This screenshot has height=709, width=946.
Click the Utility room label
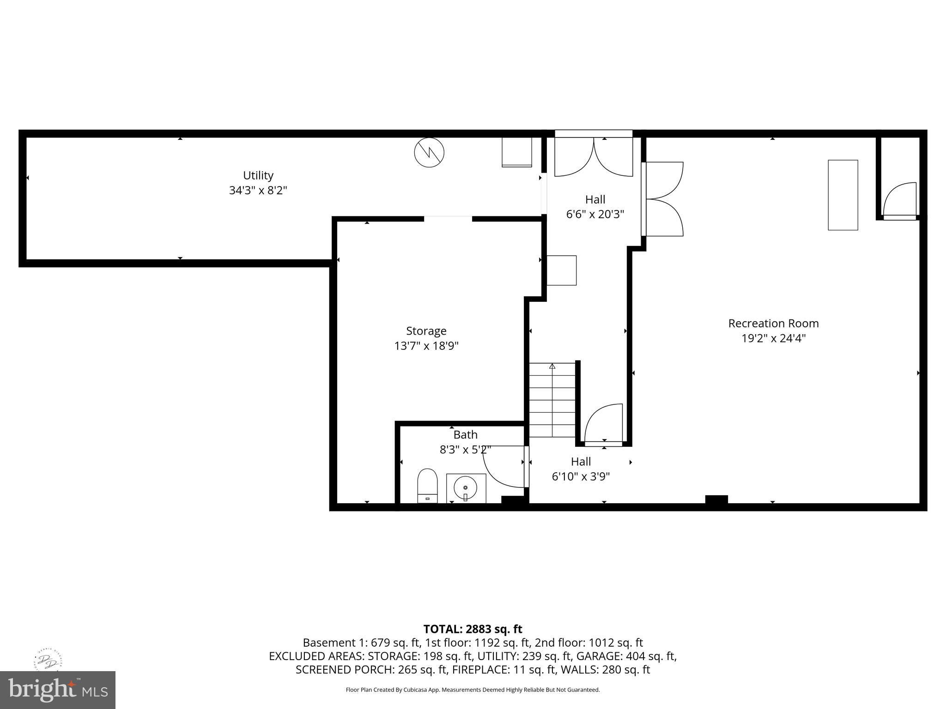(x=258, y=175)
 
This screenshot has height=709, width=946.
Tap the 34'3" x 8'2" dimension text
(x=258, y=190)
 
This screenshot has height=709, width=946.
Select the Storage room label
(x=426, y=331)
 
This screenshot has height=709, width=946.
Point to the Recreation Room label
(x=773, y=324)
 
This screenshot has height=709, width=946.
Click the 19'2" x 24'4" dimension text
(x=773, y=338)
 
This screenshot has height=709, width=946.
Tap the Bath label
(x=465, y=435)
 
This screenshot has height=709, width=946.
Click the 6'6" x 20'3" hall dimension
(x=595, y=214)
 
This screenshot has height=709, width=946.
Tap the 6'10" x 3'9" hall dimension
(x=581, y=476)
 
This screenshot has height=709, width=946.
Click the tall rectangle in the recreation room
(x=843, y=195)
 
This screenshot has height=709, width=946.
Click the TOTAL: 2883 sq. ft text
(x=473, y=629)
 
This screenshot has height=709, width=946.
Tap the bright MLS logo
(x=58, y=690)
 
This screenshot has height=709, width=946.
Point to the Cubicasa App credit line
(x=473, y=690)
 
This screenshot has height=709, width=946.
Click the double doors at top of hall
(x=594, y=157)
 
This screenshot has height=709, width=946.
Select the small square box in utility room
(x=517, y=152)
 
